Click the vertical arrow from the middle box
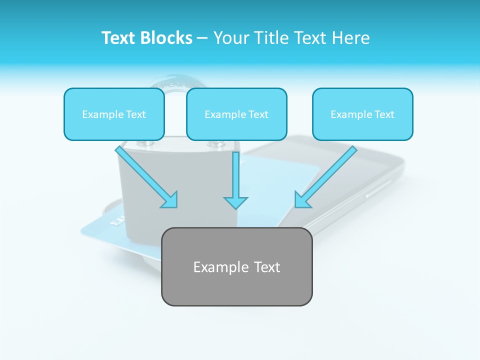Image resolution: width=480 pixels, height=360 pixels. [235, 175]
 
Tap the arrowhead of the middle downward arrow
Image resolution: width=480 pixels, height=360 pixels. [235, 202]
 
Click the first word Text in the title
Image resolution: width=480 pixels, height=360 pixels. [118, 38]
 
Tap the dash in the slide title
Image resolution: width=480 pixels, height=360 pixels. [202, 38]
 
